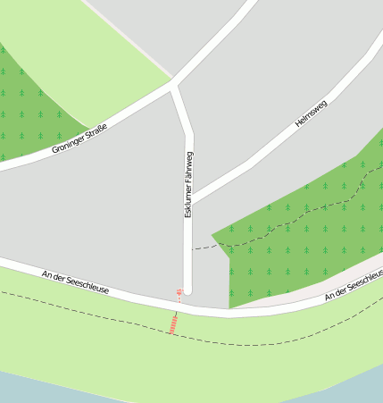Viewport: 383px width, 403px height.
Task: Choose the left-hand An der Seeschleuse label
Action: (75, 282)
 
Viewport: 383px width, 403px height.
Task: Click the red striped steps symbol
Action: (172, 323)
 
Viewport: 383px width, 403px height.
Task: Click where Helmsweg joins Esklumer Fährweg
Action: (190, 199)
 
